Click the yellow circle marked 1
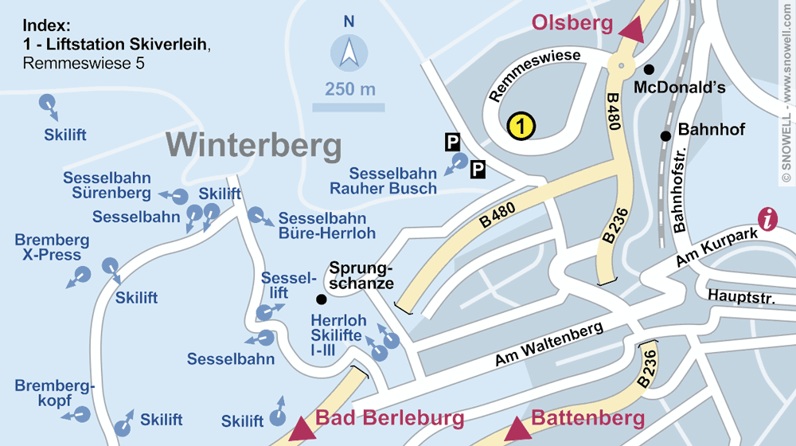pos(521,125)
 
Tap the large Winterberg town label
pos(254,147)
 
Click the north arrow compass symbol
pos(349,54)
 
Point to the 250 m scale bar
pos(349,107)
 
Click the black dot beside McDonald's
pos(649,69)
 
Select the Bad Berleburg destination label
pos(390,418)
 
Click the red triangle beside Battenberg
pos(519,428)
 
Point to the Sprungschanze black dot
pos(321,299)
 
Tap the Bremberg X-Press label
pos(52,247)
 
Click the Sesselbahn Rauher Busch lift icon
pos(458,162)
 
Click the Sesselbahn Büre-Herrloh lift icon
pos(256,214)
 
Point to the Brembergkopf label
pos(54,393)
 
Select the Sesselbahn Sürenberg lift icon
pos(180,196)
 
